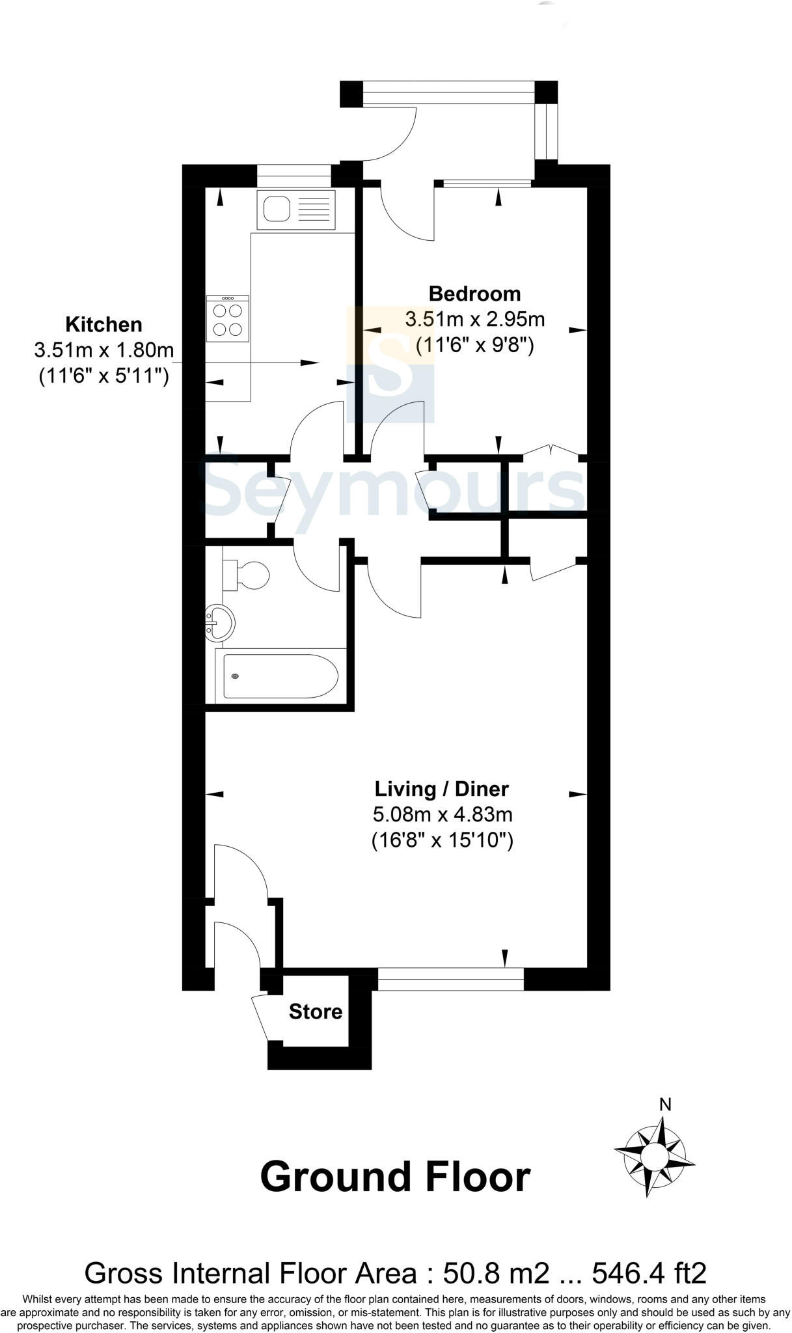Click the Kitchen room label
[103, 324]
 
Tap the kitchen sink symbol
[296, 210]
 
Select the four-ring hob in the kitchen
[227, 318]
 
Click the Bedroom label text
[474, 294]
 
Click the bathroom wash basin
[220, 624]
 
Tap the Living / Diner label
[441, 789]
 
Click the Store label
[316, 1011]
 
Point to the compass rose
[654, 1157]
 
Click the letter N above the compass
[665, 1104]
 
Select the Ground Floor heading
[395, 1177]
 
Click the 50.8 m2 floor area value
[496, 1272]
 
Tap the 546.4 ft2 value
[650, 1272]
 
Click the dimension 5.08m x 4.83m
[442, 814]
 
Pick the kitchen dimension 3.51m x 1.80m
[103, 350]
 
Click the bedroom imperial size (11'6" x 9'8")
[474, 344]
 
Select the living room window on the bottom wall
[450, 979]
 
